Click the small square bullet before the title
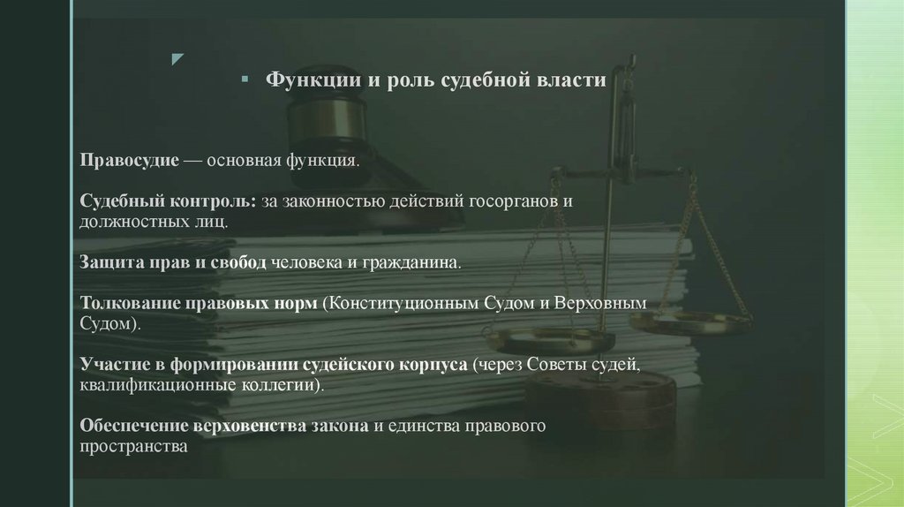click(244, 81)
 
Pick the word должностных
click(136, 222)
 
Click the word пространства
click(133, 446)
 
